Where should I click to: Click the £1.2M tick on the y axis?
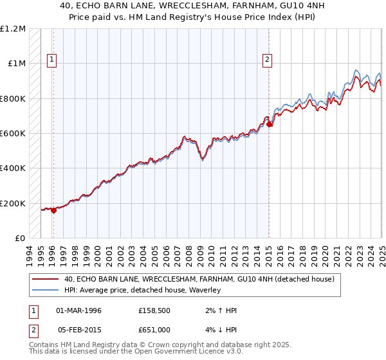point(13,29)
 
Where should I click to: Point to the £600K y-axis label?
point(13,134)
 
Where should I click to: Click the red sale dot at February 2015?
point(270,125)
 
